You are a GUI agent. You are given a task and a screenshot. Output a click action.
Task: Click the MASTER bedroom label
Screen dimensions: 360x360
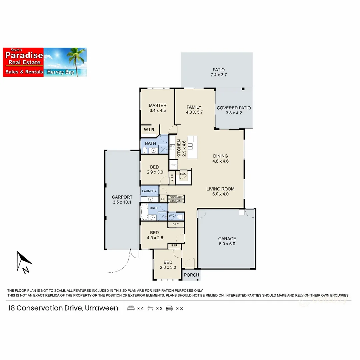click(158, 106)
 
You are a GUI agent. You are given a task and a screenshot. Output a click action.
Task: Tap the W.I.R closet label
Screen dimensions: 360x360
click(149, 129)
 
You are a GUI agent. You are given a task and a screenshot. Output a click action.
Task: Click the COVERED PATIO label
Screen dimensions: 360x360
click(234, 108)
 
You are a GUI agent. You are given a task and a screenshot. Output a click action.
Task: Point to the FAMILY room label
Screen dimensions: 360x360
click(194, 107)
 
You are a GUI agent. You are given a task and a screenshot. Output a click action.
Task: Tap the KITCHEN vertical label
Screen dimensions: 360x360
click(179, 148)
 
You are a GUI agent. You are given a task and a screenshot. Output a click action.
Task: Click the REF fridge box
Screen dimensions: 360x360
click(173, 165)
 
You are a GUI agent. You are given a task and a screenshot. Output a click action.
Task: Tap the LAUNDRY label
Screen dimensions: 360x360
click(149, 191)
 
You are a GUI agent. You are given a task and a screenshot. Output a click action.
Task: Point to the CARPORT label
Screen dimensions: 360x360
click(122, 197)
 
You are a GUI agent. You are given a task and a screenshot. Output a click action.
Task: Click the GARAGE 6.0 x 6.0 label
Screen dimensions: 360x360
click(227, 241)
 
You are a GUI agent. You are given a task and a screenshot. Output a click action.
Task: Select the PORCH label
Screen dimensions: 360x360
click(192, 275)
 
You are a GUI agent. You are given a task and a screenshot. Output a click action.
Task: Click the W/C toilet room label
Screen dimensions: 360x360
click(172, 216)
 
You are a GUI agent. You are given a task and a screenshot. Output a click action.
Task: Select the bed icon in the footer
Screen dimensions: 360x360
click(131, 308)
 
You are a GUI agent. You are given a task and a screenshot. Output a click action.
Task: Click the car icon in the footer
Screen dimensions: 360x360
click(169, 308)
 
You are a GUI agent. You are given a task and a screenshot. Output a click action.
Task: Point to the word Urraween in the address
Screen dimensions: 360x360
click(101, 308)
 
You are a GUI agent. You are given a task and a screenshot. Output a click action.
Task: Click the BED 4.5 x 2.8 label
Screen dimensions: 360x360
click(154, 235)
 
